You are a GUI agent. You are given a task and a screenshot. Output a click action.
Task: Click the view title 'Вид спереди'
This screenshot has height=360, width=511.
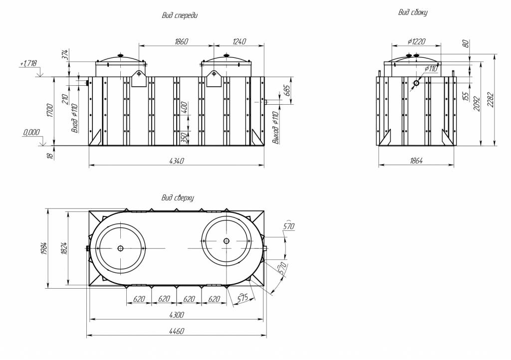(180, 15)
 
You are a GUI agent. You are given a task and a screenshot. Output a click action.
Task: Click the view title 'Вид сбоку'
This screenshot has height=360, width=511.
(413, 12)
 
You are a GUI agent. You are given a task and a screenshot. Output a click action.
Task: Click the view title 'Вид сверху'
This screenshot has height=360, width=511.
(177, 198)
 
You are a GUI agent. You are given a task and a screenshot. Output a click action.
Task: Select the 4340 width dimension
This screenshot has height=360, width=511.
(177, 160)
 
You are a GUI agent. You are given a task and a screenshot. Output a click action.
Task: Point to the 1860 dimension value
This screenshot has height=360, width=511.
(181, 42)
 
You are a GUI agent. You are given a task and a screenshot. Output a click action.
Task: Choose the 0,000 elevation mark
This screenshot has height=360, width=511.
(31, 133)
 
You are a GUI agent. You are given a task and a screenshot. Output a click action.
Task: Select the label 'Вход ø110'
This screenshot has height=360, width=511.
(75, 119)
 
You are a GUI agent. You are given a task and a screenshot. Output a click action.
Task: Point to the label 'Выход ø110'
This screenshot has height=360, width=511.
(275, 128)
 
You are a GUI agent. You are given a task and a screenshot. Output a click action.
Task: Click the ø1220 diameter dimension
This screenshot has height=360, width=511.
(416, 42)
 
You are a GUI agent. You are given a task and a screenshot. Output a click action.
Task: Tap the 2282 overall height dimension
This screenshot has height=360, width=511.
(491, 101)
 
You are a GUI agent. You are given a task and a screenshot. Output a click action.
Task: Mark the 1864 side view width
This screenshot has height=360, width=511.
(416, 161)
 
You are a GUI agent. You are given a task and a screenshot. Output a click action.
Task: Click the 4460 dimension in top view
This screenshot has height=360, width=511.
(177, 331)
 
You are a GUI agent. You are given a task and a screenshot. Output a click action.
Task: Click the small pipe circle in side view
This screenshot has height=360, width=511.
(416, 83)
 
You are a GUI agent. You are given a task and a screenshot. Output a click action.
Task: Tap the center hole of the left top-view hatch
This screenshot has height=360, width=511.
(120, 248)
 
